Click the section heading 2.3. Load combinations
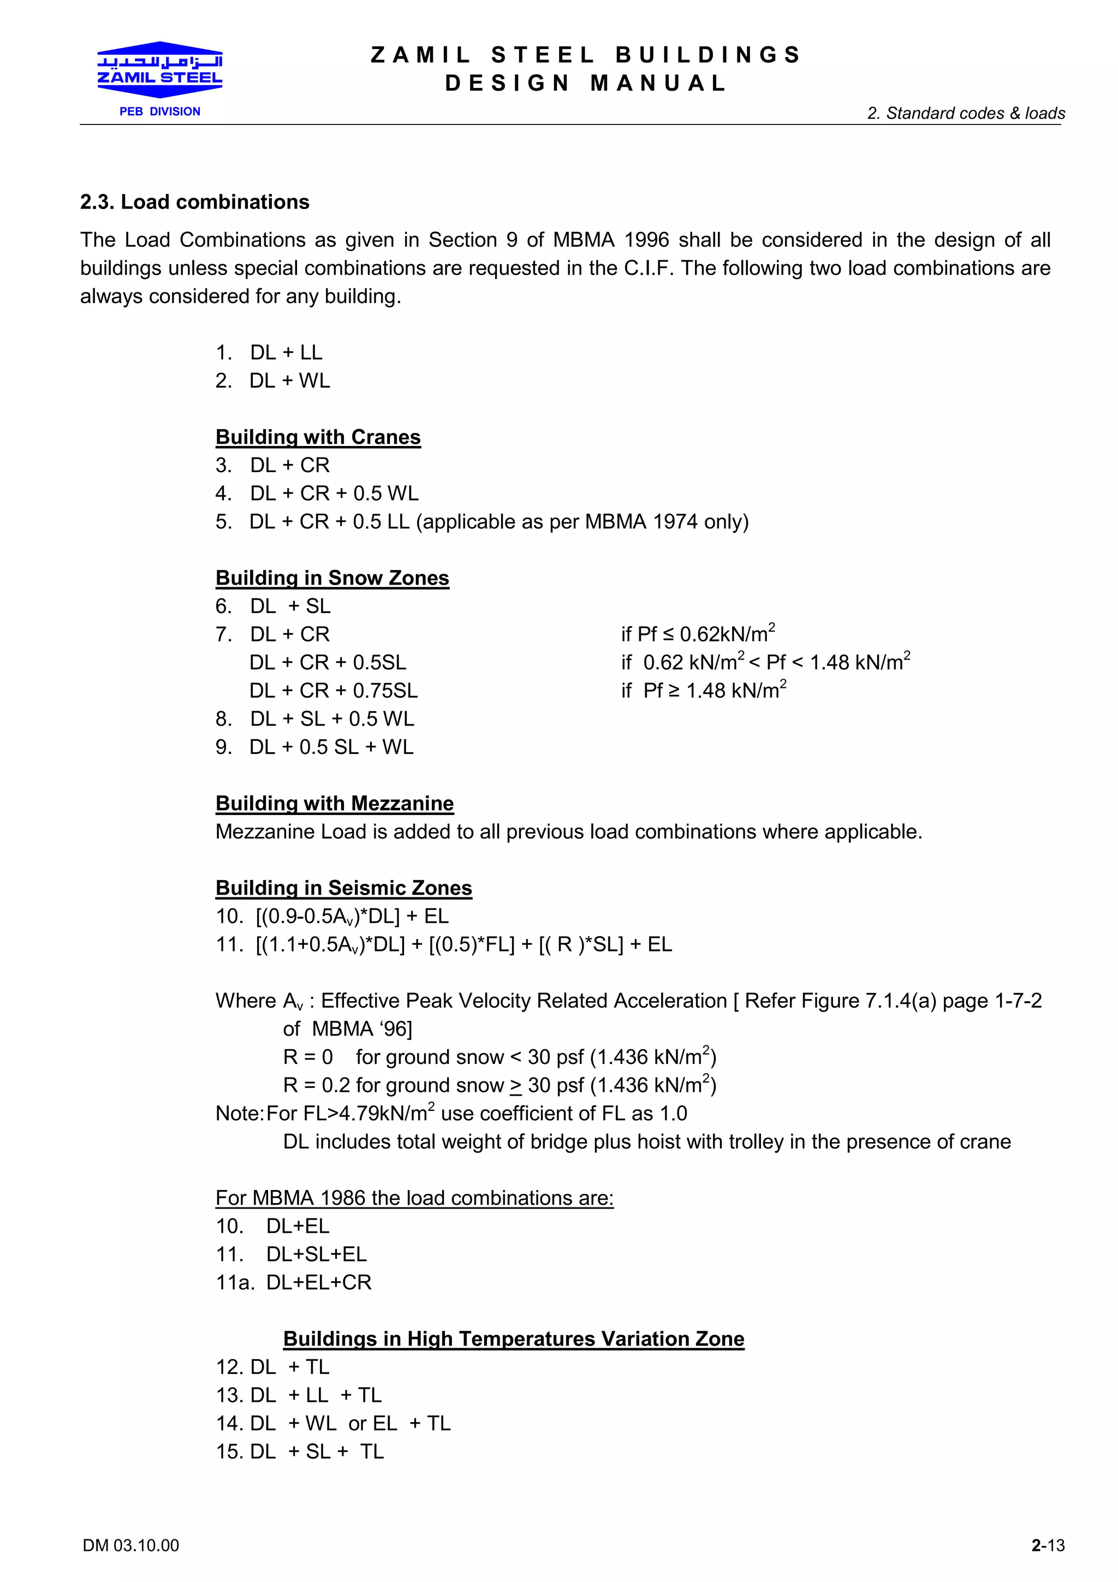click(194, 202)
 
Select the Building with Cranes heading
click(318, 437)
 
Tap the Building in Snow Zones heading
click(332, 578)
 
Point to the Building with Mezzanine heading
click(334, 804)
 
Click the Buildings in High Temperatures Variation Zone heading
click(513, 1338)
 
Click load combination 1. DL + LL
click(269, 352)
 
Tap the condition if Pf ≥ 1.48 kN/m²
click(703, 691)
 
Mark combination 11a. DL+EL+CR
click(294, 1282)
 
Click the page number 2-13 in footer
click(1047, 1545)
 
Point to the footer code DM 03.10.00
click(131, 1545)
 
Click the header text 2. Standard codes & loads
click(966, 113)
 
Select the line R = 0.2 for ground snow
click(499, 1085)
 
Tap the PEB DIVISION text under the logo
click(160, 111)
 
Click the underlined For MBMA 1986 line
click(414, 1198)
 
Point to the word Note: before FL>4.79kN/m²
click(239, 1114)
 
